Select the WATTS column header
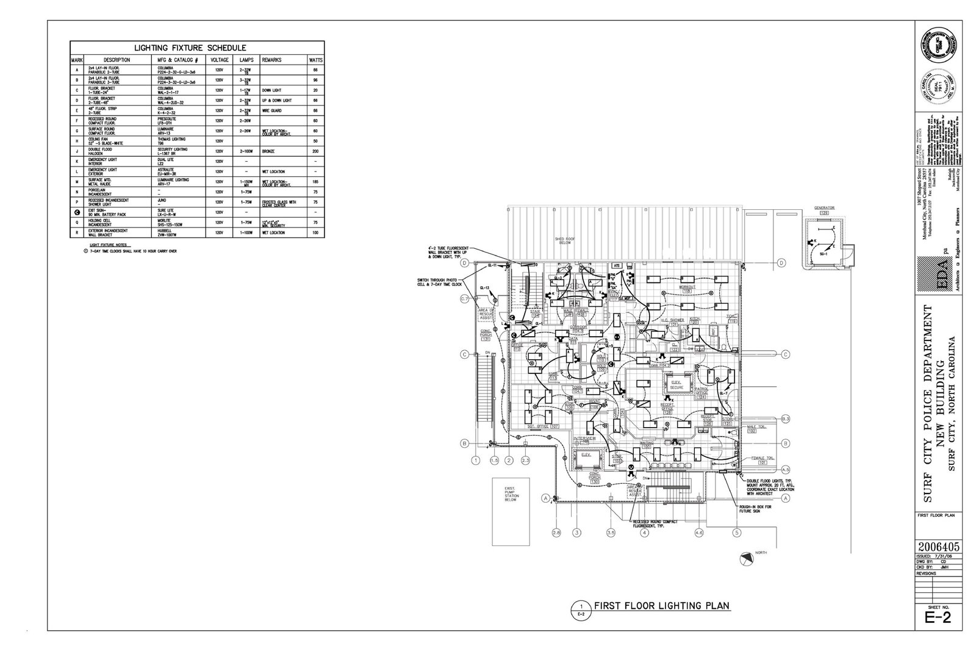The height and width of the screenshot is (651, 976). [x=315, y=60]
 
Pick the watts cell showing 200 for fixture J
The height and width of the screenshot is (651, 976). [x=315, y=150]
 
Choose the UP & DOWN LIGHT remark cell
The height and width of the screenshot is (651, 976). [x=275, y=100]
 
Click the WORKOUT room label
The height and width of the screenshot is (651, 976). [x=687, y=287]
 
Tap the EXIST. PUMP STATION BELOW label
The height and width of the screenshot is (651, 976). [x=511, y=493]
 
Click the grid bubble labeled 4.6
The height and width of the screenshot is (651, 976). [x=699, y=533]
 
